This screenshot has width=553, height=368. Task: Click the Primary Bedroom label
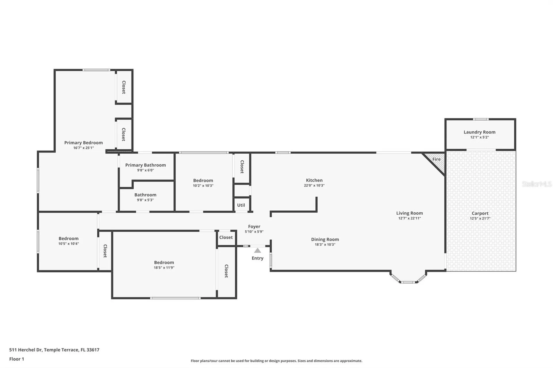point(84,143)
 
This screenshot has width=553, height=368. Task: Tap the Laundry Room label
point(480,132)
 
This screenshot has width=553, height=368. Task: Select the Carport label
point(480,213)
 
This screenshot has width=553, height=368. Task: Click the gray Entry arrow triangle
point(257,251)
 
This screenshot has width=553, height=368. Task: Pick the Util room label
point(241,205)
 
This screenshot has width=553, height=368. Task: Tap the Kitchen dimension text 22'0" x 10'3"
point(314,186)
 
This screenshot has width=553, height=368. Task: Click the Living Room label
point(410,213)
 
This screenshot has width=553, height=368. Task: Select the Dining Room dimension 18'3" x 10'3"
point(325,245)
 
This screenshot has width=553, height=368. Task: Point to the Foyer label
point(254,226)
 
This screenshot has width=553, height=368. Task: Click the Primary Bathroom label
point(145,165)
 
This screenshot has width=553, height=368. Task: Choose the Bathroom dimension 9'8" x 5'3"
point(145,200)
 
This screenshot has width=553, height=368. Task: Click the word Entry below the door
point(257,258)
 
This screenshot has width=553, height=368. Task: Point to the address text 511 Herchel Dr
point(26,350)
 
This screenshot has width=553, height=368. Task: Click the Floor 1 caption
point(17,359)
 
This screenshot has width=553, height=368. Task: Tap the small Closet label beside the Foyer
point(226,237)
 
